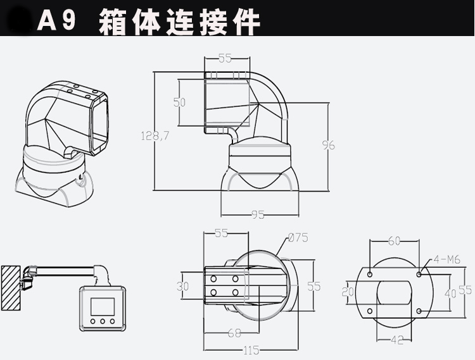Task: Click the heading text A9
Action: (57, 21)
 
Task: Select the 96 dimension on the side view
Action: (328, 145)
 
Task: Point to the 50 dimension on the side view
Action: (179, 102)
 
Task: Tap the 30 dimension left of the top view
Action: (182, 287)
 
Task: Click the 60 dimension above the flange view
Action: (395, 241)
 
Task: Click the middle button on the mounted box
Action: (102, 321)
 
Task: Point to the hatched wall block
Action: (11, 288)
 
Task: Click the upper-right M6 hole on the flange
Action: (420, 274)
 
